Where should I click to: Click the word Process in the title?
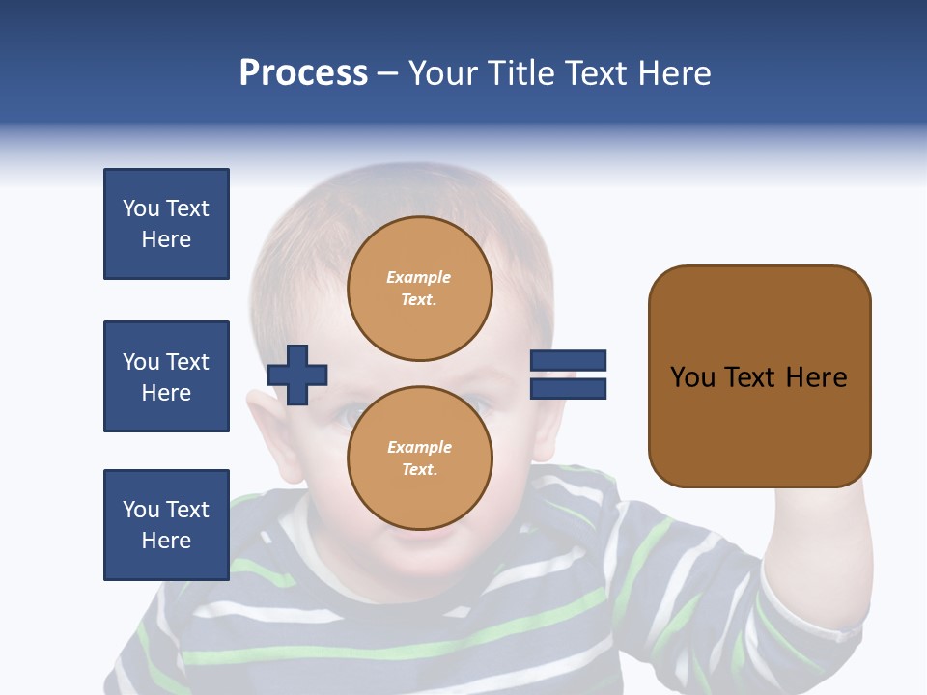click(x=303, y=72)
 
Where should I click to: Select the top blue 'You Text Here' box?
click(x=166, y=224)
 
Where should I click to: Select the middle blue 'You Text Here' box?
click(x=166, y=376)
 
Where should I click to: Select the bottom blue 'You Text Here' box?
click(x=166, y=524)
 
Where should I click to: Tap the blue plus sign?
click(x=297, y=374)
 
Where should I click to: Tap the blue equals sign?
click(x=568, y=375)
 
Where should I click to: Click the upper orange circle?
click(x=419, y=288)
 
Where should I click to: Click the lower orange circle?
click(x=419, y=458)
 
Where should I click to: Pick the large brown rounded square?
click(x=759, y=376)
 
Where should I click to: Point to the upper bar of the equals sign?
click(x=568, y=360)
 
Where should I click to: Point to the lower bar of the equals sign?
click(x=568, y=388)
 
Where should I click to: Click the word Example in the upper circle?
click(x=418, y=277)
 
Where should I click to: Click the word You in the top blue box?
click(x=140, y=208)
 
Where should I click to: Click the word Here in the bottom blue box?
click(x=166, y=541)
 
